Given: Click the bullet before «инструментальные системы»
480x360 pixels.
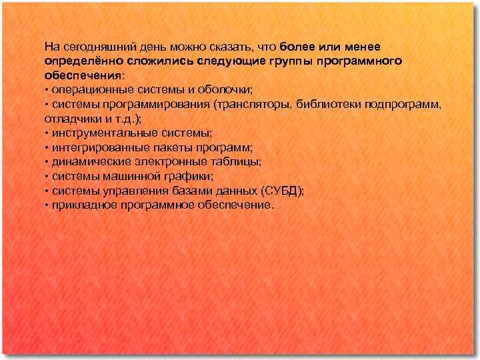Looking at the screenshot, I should coord(46,133).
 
